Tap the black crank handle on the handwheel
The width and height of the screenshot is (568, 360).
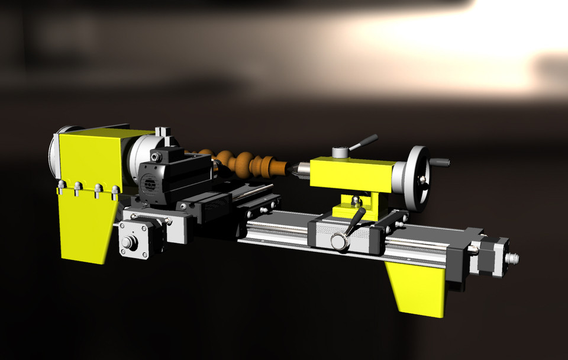[440, 162]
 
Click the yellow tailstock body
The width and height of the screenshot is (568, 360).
[351, 173]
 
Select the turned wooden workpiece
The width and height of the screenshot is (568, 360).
[243, 163]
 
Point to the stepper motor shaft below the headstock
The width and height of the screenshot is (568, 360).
[127, 243]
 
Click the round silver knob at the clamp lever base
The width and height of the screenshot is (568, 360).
[339, 241]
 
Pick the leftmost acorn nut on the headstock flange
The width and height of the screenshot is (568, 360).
[60, 188]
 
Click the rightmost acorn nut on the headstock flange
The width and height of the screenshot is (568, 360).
[115, 189]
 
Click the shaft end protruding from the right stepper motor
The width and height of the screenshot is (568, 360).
[514, 258]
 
